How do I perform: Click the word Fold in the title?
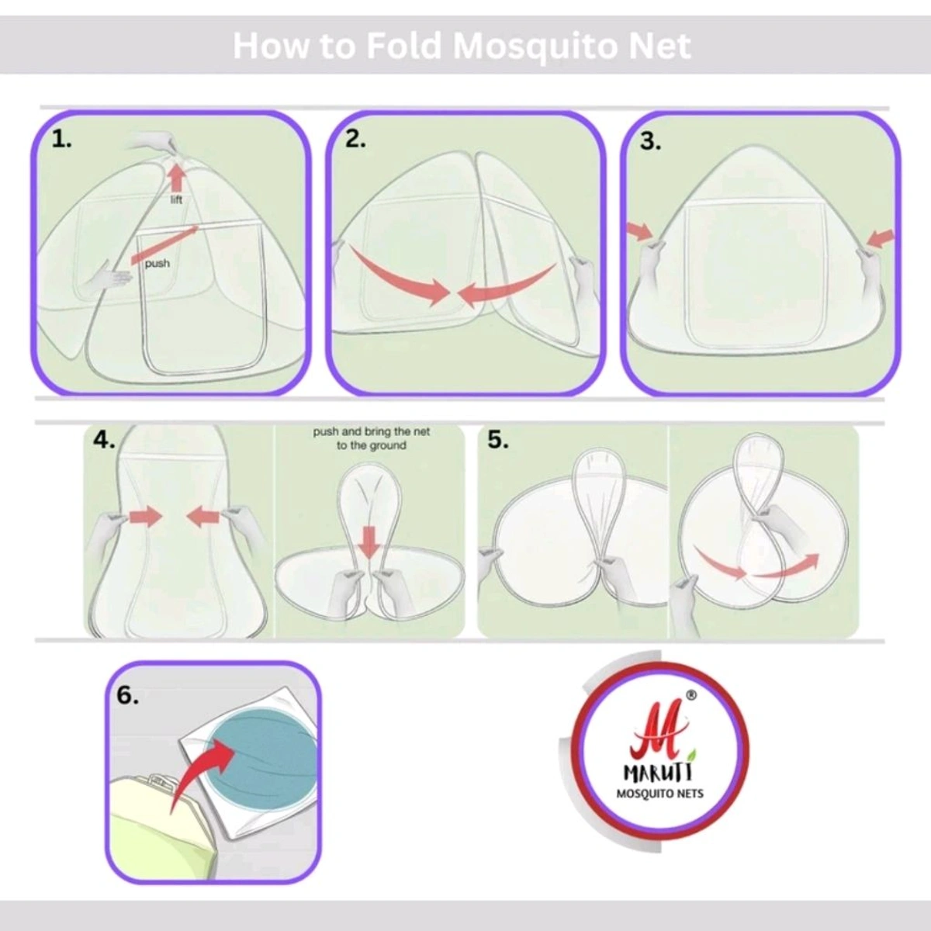tap(403, 47)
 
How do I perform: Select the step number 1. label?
tap(62, 140)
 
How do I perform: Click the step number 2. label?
tap(355, 140)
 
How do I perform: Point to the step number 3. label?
tap(650, 141)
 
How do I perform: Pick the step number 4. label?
tap(105, 440)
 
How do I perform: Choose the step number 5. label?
tap(498, 440)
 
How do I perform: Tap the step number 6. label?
tap(127, 695)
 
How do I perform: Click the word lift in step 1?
tap(176, 199)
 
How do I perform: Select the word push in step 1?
tap(157, 263)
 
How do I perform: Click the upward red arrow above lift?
tap(178, 178)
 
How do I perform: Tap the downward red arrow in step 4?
tap(369, 542)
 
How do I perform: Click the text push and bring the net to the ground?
tap(371, 438)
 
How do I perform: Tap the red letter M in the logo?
tap(657, 741)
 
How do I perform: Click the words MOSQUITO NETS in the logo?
tap(659, 807)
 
